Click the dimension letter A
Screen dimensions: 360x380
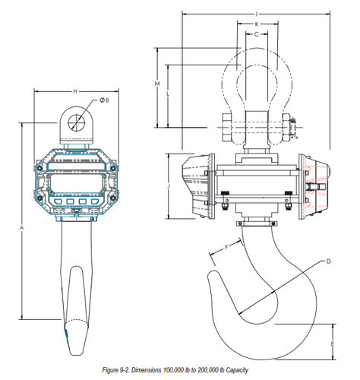click(22, 228)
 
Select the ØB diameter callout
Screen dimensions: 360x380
click(104, 100)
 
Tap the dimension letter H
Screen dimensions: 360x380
click(75, 91)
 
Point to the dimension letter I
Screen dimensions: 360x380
click(257, 14)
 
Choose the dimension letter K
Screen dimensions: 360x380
click(257, 24)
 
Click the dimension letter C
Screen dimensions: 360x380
click(257, 34)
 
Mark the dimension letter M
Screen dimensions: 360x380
click(157, 84)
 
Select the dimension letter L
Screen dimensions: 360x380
click(168, 93)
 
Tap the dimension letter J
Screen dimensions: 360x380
click(169, 187)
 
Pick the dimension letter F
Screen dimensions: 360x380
click(226, 247)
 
